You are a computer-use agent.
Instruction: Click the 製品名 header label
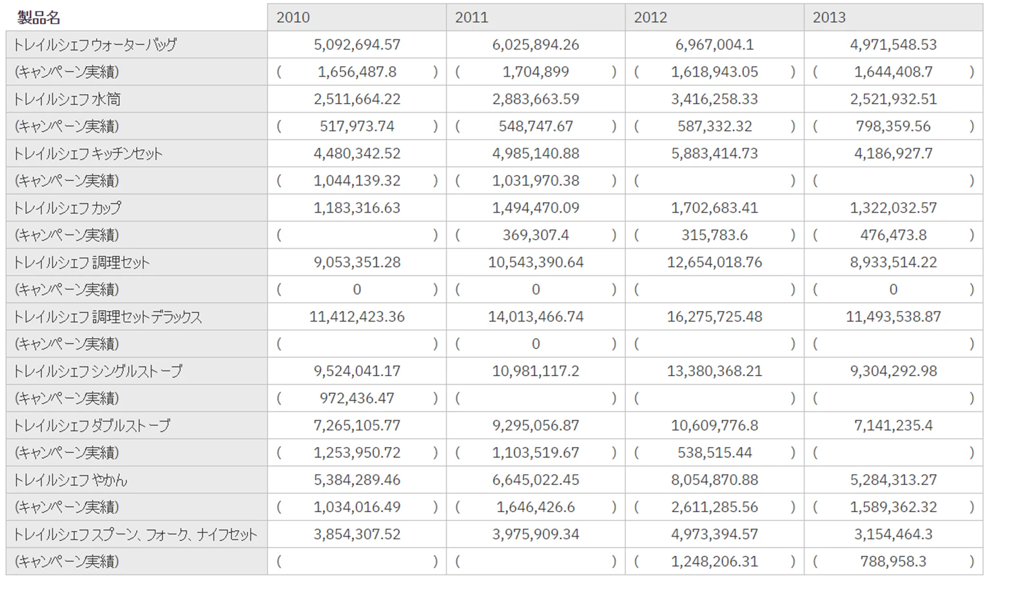tap(39, 17)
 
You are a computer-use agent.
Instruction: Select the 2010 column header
tap(293, 17)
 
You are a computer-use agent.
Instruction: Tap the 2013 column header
tap(829, 17)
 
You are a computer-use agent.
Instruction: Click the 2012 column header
tap(650, 17)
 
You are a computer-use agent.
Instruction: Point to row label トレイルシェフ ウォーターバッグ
tap(95, 45)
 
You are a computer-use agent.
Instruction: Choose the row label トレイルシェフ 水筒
tap(67, 99)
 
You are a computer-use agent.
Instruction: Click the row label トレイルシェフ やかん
tap(71, 480)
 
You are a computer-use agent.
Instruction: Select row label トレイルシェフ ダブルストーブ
tap(92, 426)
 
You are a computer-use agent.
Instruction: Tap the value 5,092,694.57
tap(357, 45)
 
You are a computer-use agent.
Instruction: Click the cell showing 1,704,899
tap(536, 72)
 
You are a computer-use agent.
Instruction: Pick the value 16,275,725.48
tap(714, 316)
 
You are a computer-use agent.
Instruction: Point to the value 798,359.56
tap(893, 126)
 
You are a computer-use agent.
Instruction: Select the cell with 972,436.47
tap(357, 399)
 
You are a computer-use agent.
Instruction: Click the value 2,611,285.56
tap(714, 507)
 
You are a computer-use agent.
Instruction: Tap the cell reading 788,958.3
tap(893, 562)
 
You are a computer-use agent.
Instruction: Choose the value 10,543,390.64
tap(536, 262)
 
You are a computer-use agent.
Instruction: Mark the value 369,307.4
tap(536, 235)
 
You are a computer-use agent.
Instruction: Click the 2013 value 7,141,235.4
tap(893, 426)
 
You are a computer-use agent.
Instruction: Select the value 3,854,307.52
tap(357, 535)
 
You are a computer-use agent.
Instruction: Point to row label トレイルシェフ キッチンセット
tap(88, 154)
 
